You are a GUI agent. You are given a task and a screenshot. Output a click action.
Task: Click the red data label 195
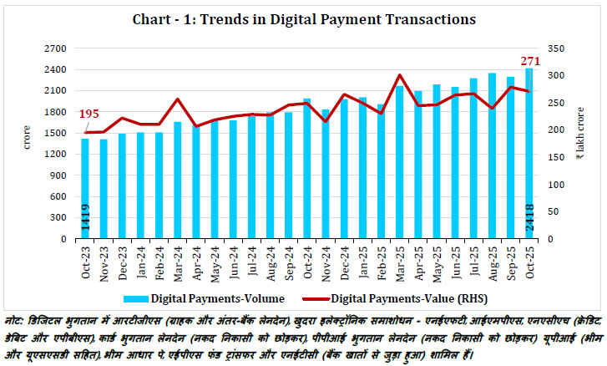tap(90, 114)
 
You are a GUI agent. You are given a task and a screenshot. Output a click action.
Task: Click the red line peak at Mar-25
tap(400, 75)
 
